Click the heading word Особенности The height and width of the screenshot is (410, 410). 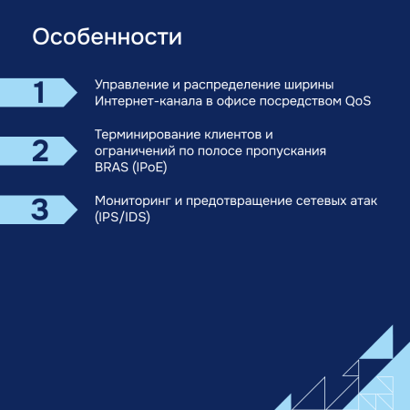107,38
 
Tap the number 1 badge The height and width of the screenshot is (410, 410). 39,92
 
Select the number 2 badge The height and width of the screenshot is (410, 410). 39,150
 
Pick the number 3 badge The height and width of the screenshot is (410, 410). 39,209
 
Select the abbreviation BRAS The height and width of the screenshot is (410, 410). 111,167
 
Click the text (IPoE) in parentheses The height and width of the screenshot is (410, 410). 150,167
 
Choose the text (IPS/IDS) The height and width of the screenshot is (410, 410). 124,217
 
